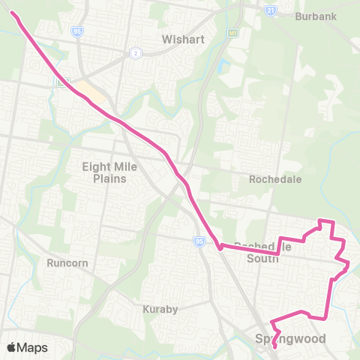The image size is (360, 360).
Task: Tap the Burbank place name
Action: (x=311, y=16)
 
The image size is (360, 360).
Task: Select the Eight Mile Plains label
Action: (x=110, y=172)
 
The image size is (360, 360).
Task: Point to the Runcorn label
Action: (x=68, y=263)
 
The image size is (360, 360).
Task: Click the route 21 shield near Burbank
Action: (x=270, y=10)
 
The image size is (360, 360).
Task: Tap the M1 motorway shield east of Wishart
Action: (x=233, y=34)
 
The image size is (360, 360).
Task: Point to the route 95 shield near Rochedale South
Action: (x=199, y=241)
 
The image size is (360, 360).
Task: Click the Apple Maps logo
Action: (x=27, y=347)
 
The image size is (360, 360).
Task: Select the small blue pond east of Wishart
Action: (x=223, y=66)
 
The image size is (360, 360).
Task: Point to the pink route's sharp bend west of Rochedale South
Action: (x=218, y=245)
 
